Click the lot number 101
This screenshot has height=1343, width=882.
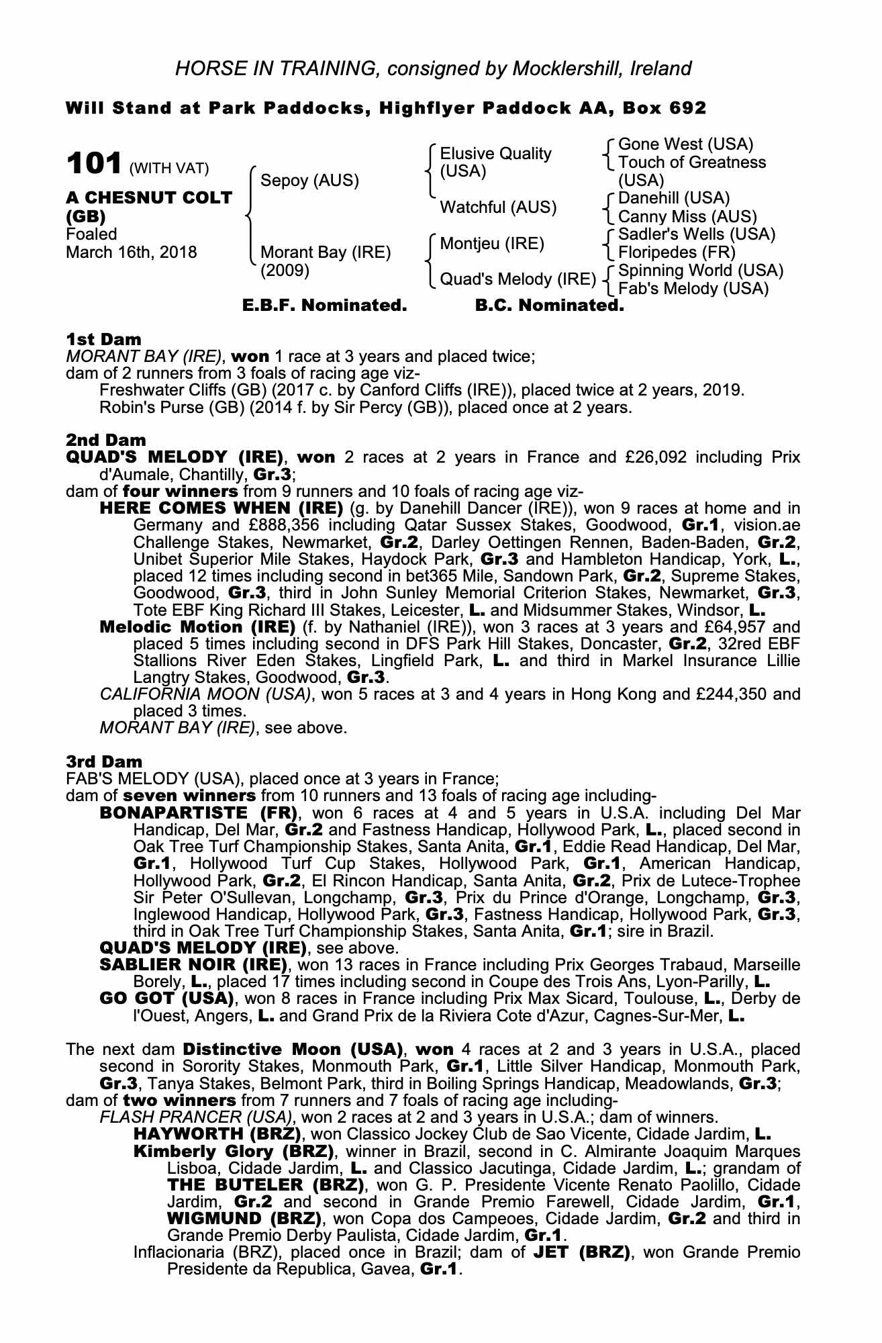[x=94, y=163]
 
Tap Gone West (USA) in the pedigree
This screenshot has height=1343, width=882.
[x=685, y=144]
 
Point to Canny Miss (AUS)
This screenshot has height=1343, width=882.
[x=687, y=217]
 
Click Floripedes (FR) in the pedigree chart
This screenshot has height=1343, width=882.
[x=677, y=252]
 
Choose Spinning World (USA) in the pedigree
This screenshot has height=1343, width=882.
[x=701, y=271]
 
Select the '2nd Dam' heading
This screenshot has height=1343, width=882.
[x=105, y=441]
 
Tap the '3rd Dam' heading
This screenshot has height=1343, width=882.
[x=105, y=761]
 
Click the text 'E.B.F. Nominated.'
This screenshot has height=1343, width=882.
[x=325, y=306]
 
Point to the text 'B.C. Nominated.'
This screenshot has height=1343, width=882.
[x=549, y=306]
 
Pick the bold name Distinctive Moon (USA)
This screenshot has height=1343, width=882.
[x=293, y=1049]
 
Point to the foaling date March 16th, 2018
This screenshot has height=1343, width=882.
[x=132, y=252]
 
